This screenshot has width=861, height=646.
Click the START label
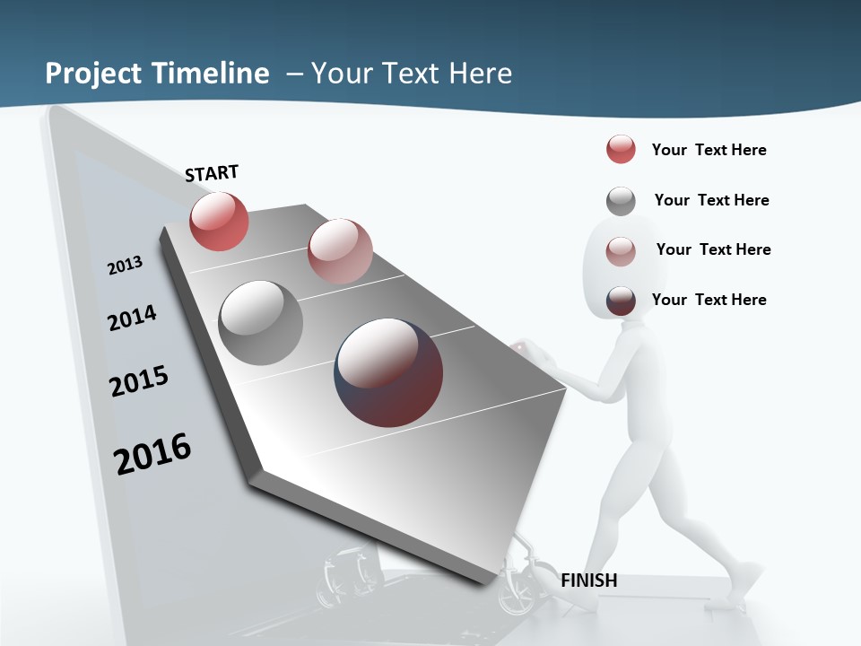click(212, 173)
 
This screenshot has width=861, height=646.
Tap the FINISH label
click(589, 581)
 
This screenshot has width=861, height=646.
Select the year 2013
click(125, 266)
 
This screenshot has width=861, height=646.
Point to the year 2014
click(132, 318)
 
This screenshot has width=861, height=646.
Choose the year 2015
click(139, 380)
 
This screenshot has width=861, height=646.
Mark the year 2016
click(152, 453)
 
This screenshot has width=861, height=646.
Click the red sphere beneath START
click(219, 222)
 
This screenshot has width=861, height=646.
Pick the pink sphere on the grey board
click(340, 251)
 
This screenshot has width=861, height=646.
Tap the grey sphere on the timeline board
click(261, 323)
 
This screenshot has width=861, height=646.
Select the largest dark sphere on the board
click(388, 371)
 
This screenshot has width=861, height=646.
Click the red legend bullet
click(621, 149)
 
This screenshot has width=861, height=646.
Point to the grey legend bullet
click(621, 200)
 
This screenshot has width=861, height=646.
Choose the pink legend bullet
click(621, 250)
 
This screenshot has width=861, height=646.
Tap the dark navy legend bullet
click(621, 301)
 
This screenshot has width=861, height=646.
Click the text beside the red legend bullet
click(709, 150)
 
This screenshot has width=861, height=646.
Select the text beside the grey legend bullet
click(711, 200)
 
